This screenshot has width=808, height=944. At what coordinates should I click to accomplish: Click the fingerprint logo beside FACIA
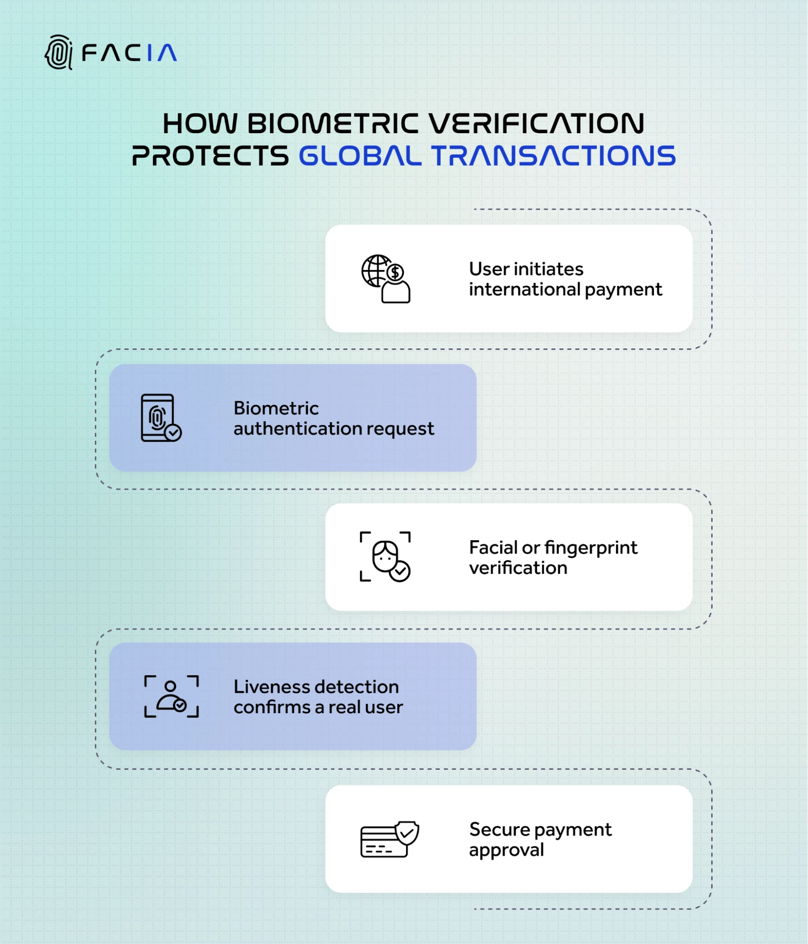(x=59, y=52)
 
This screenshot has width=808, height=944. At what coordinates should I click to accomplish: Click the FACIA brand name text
(x=129, y=53)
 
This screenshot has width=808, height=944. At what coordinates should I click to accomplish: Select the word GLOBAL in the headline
(x=360, y=156)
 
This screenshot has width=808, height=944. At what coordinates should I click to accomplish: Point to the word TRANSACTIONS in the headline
(x=553, y=156)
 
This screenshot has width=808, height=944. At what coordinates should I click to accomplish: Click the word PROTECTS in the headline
(x=210, y=156)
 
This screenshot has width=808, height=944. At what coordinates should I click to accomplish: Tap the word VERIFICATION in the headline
(x=536, y=124)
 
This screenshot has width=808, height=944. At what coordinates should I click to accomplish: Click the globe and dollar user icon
(x=386, y=279)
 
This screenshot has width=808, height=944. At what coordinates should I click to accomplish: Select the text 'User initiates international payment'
(x=565, y=279)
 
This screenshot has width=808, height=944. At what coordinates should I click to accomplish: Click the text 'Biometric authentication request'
(x=333, y=418)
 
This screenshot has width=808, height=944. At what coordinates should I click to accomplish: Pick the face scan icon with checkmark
(x=385, y=556)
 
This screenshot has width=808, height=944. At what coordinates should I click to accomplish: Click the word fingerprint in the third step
(x=591, y=548)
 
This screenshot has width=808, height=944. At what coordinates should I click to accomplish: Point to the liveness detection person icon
(x=171, y=696)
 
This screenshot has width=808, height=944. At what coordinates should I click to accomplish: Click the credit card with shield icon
(x=389, y=839)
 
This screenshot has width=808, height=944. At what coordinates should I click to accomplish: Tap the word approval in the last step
(x=506, y=850)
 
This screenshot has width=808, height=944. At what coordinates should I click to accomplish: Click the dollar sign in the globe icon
(x=395, y=272)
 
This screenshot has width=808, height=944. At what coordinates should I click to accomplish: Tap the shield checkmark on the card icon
(x=407, y=833)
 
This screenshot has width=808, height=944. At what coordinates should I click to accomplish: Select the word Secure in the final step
(x=500, y=830)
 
